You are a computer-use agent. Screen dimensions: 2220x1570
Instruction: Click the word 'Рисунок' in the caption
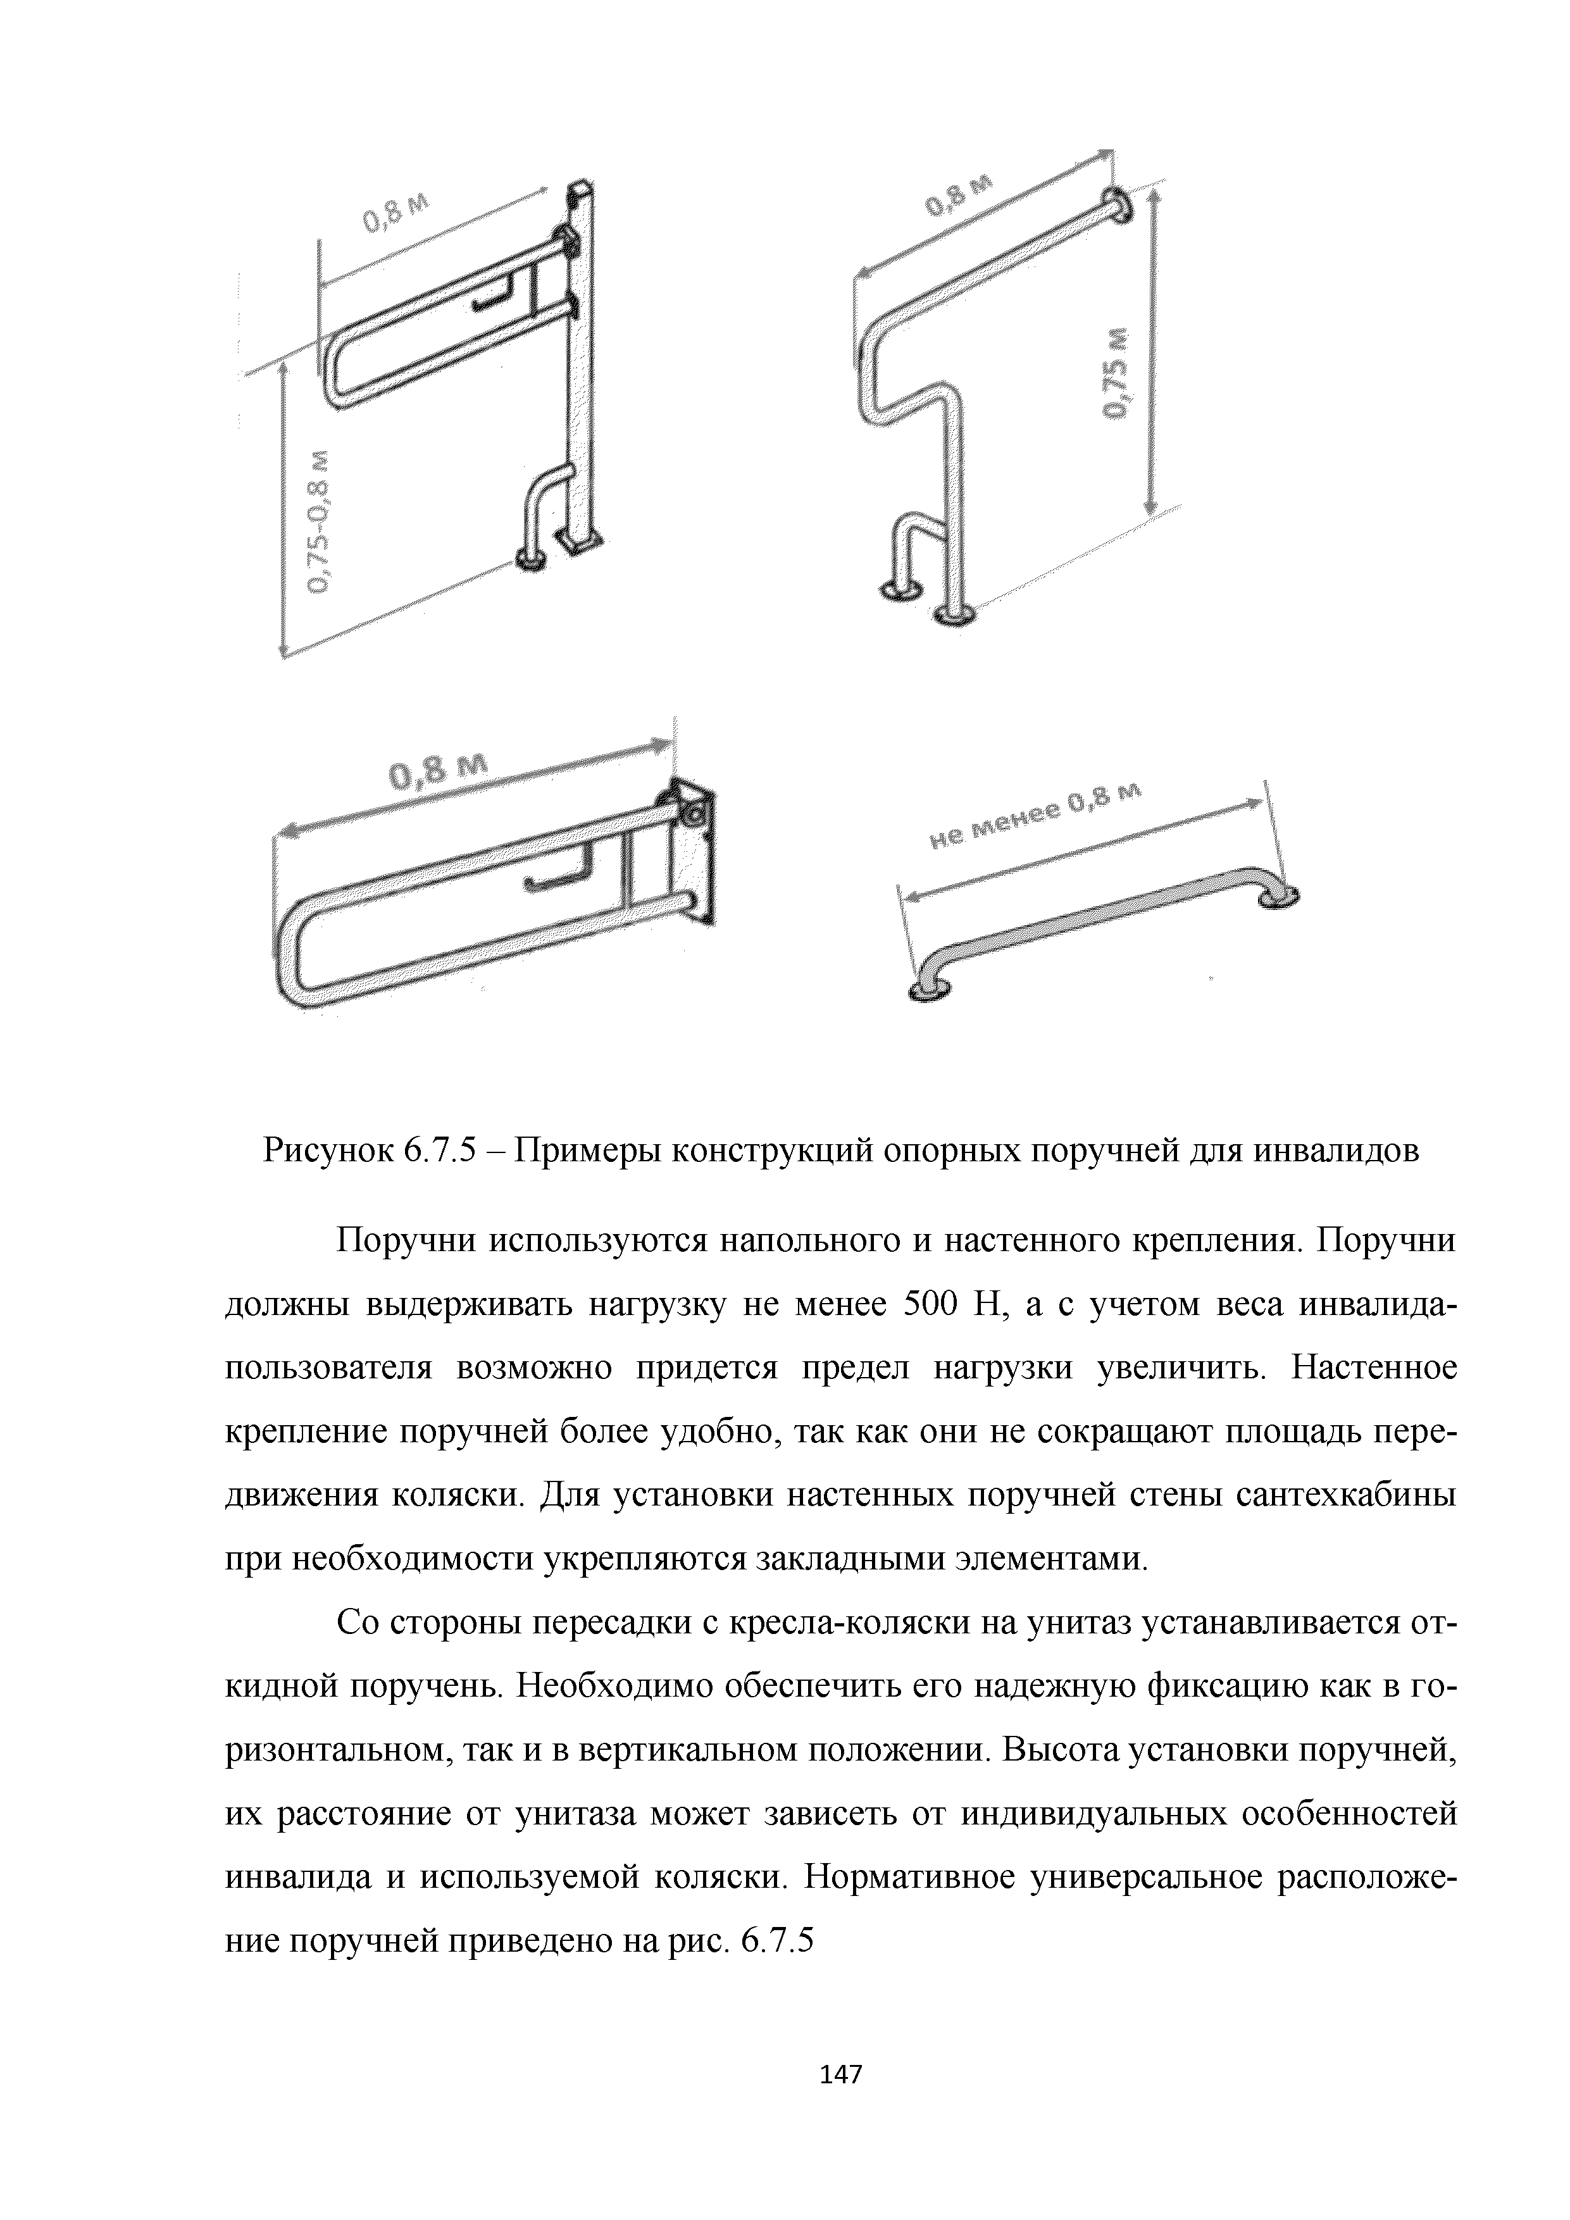[323, 1152]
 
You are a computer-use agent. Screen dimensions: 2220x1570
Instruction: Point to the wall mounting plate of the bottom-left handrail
[696, 851]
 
